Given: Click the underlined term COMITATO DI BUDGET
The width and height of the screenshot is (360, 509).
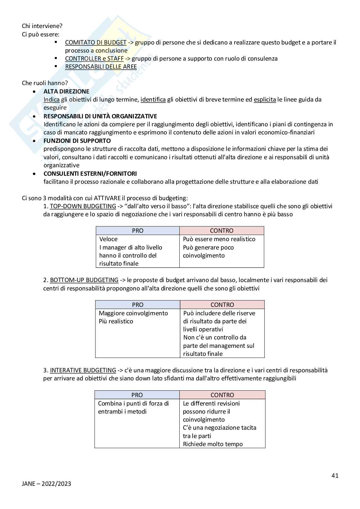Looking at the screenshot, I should click(95, 42).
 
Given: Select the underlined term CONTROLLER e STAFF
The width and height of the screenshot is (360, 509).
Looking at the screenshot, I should click(94, 58).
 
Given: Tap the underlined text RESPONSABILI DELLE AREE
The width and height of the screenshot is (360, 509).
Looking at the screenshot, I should click(101, 67).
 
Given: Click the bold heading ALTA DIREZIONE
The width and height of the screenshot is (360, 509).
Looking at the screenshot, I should click(66, 91).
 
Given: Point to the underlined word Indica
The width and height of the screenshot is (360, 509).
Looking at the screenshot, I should click(51, 99).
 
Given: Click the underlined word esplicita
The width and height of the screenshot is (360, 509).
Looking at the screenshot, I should click(265, 99).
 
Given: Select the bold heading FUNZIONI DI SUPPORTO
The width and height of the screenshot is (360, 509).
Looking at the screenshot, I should click(77, 141).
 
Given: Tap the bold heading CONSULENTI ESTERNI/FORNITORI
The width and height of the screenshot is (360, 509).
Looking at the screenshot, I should click(90, 173).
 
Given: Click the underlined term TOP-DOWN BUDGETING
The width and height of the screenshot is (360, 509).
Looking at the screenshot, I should click(83, 206).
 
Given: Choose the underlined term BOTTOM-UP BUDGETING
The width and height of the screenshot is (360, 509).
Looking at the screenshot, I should click(84, 280).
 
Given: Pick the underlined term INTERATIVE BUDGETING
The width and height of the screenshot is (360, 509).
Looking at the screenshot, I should click(83, 370).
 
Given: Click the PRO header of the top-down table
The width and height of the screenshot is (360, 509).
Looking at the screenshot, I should click(137, 230).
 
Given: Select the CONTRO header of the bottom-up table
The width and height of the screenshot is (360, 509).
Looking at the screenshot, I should click(222, 305).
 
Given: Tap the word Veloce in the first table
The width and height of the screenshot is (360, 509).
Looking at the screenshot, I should click(108, 239).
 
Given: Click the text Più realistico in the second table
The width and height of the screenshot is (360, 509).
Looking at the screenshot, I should click(116, 321).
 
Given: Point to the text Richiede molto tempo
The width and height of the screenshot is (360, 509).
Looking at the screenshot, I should click(213, 444).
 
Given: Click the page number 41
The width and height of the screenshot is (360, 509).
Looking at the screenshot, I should click(335, 475).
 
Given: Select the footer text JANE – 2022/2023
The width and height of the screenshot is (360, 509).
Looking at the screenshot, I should click(46, 484).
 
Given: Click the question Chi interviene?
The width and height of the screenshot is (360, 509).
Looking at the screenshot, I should click(42, 26).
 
